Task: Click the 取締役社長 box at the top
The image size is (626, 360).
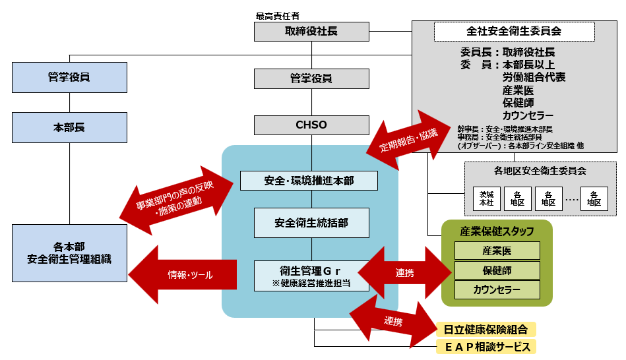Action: [311, 31]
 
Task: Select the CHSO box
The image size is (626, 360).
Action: [311, 125]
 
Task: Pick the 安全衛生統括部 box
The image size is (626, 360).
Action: [311, 223]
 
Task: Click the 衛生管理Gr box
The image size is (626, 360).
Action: [311, 276]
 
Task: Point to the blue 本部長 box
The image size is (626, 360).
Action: [69, 127]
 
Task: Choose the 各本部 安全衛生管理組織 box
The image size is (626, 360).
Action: [69, 253]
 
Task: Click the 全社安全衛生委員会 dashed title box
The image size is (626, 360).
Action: [514, 31]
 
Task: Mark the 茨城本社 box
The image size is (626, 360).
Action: [487, 199]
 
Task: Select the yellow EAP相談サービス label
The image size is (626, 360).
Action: [486, 347]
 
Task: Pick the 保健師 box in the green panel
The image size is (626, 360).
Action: [497, 270]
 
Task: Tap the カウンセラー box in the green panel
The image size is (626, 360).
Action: [497, 290]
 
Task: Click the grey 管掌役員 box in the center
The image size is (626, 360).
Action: [311, 78]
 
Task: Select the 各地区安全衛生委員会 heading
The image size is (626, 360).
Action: [540, 171]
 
